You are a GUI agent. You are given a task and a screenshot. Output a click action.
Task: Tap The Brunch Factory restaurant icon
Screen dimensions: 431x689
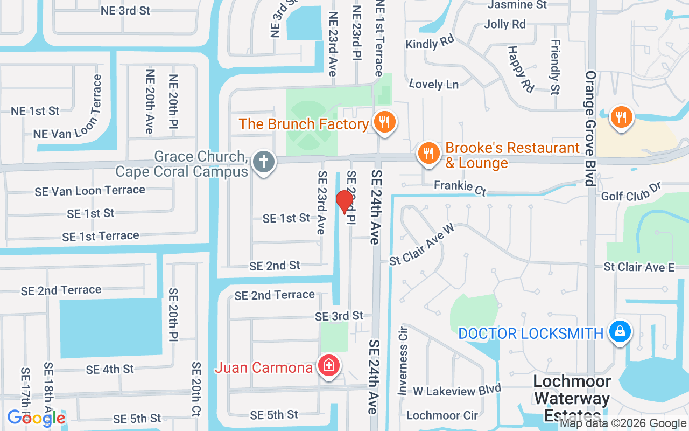tap(384, 122)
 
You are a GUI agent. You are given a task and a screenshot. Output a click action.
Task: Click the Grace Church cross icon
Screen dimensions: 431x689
tap(264, 162)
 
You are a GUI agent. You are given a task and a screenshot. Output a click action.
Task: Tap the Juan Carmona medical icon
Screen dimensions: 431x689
tap(328, 366)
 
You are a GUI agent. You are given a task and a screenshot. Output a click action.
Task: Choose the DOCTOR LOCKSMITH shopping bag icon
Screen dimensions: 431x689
tap(620, 332)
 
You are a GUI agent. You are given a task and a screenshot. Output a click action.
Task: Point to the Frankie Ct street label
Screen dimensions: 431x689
tap(460, 187)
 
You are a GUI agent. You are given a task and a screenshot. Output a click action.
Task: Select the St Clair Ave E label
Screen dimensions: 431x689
tap(639, 267)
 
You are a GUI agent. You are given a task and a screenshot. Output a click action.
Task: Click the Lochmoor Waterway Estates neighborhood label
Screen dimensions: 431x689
tap(572, 399)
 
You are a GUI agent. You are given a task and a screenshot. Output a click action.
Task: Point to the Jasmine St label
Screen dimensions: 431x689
tap(517, 5)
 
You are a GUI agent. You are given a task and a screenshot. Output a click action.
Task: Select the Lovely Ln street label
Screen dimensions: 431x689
tap(434, 84)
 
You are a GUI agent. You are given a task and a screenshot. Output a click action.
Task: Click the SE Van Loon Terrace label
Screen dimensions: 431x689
tap(90, 190)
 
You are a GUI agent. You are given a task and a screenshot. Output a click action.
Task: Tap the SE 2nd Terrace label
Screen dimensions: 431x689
tap(61, 290)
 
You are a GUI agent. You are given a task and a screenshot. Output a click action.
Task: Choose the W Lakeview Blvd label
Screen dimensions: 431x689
tap(457, 390)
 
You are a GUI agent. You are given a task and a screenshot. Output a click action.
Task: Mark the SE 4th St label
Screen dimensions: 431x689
tap(110, 370)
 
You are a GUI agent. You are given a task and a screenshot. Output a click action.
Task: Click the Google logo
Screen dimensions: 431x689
tap(37, 418)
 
